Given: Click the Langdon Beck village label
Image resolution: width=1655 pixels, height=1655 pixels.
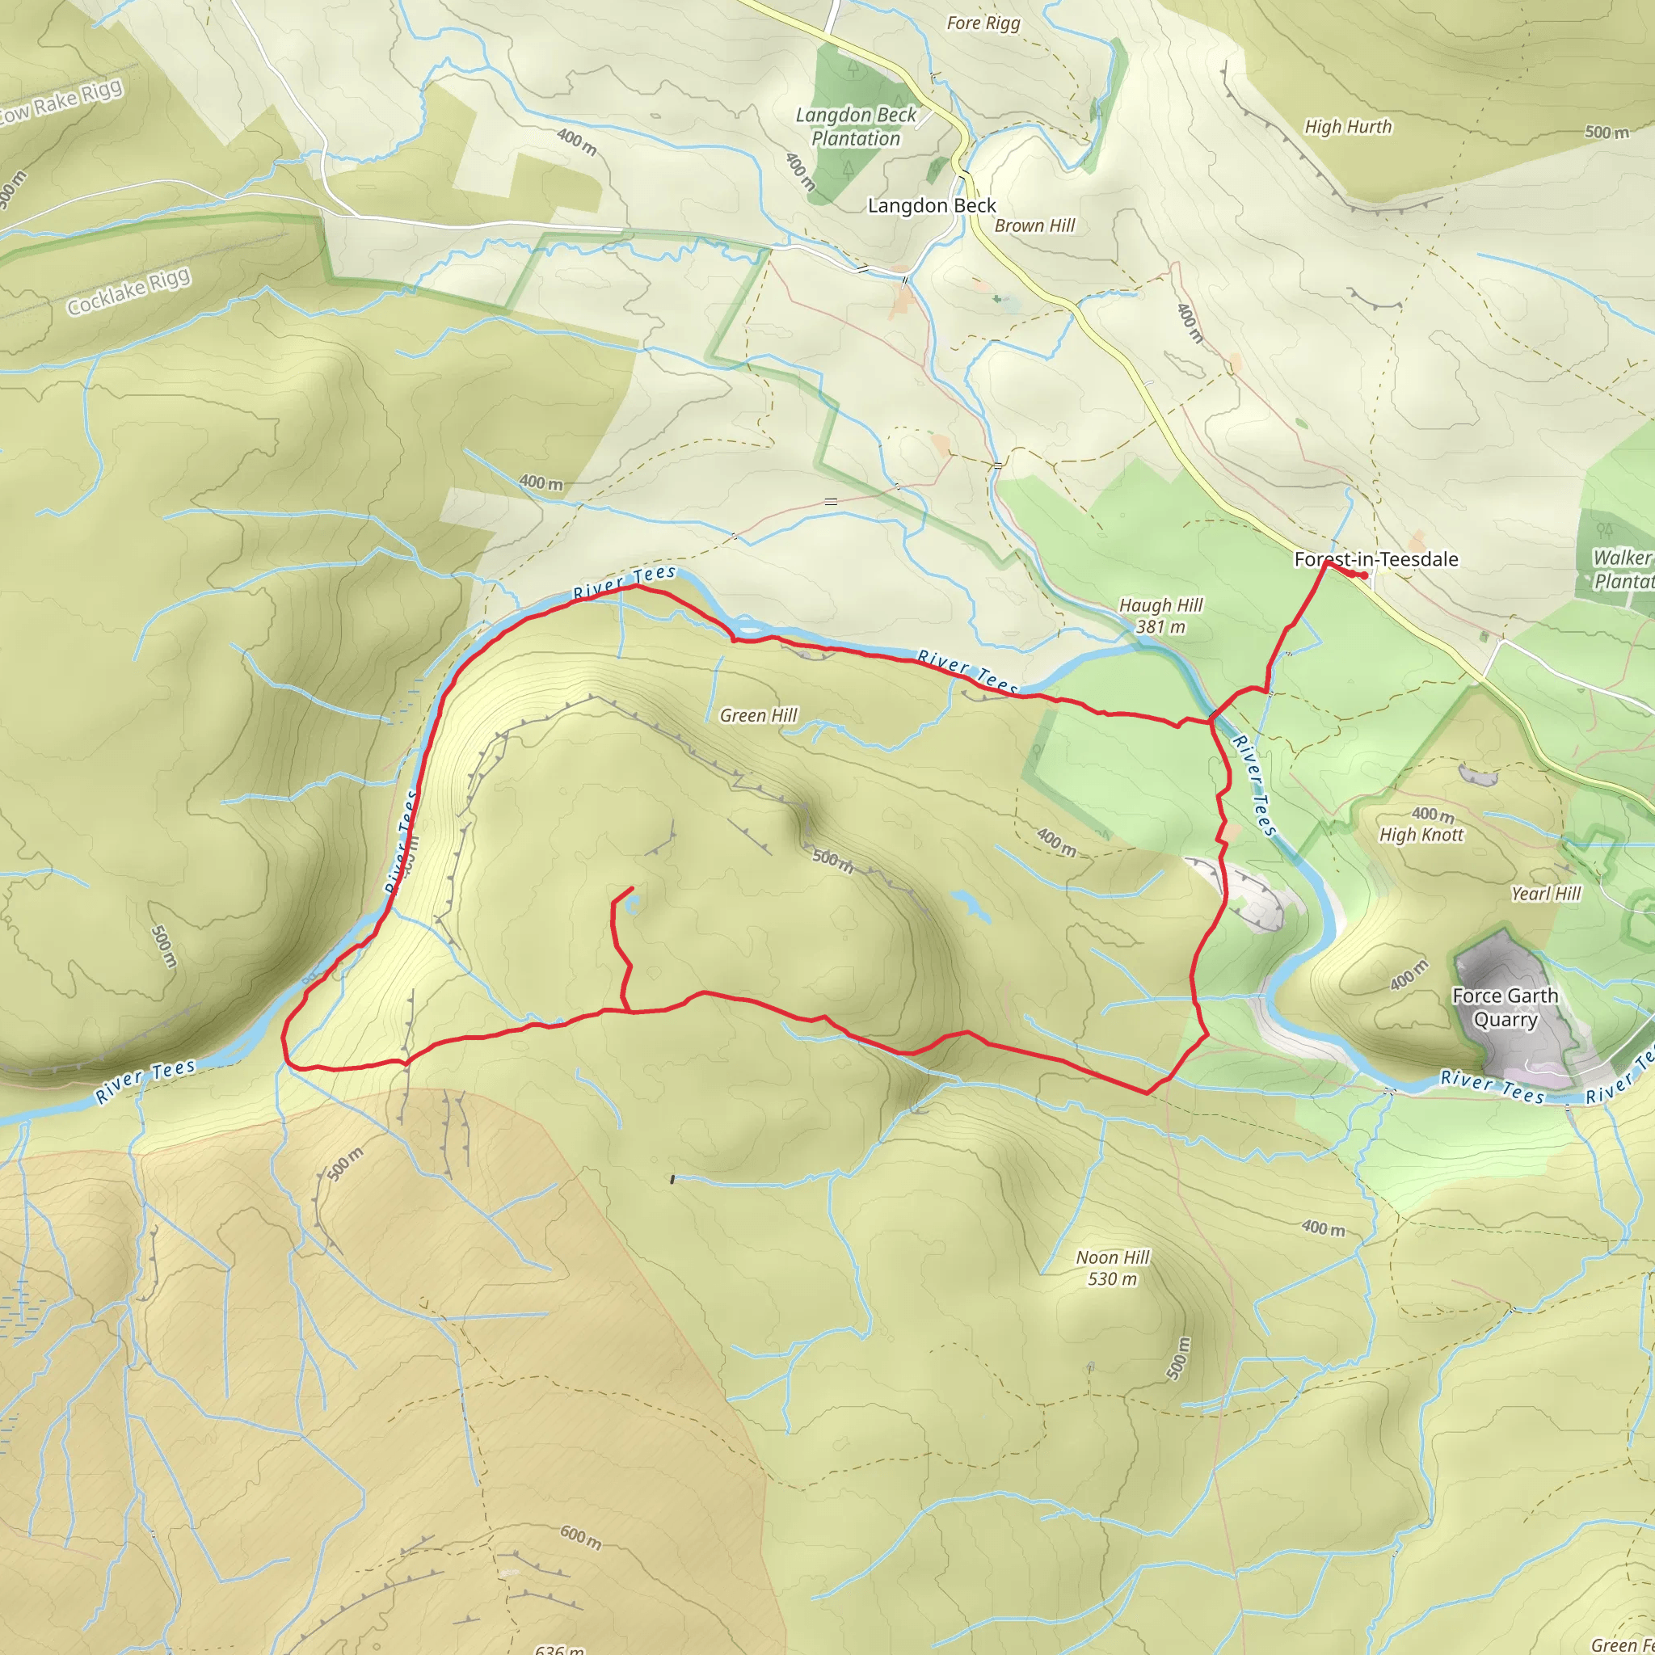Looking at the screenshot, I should (x=931, y=205).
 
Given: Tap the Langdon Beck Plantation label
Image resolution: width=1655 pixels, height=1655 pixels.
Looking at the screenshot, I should (x=855, y=127).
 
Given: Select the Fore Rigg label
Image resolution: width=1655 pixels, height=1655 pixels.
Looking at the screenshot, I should (x=983, y=23).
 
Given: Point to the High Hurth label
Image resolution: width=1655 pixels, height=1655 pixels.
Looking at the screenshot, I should (x=1347, y=127).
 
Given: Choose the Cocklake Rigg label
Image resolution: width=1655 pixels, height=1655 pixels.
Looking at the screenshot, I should (x=128, y=292).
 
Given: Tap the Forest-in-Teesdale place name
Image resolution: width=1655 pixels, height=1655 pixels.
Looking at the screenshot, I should (x=1375, y=559).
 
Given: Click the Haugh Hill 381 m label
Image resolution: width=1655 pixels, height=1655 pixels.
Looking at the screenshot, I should (x=1160, y=616).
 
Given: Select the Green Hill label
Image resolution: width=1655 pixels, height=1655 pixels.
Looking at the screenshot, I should (x=758, y=715).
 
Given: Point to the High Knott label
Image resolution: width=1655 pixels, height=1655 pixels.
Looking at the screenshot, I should (x=1421, y=834).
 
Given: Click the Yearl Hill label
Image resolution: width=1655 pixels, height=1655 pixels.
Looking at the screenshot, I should (x=1545, y=894).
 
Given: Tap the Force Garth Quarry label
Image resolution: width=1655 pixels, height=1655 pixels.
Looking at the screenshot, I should (x=1505, y=1008).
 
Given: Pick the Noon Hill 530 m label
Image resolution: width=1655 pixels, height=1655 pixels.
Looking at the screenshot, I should (x=1112, y=1268).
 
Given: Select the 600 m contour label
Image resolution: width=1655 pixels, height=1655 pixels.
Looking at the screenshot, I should (x=581, y=1537).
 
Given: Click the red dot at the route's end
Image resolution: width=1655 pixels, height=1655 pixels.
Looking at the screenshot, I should (x=1364, y=575).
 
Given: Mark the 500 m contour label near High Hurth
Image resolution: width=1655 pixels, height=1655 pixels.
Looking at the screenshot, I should (x=1607, y=132).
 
